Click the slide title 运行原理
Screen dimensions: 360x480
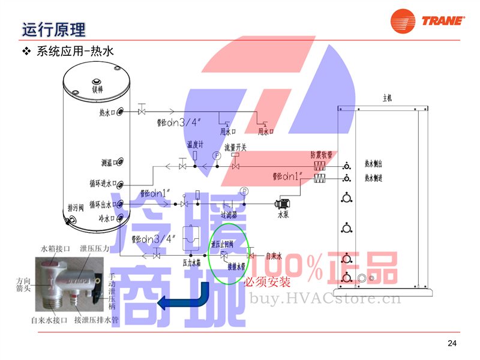pyautogui.click(x=53, y=29)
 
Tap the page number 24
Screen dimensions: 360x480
pyautogui.click(x=452, y=343)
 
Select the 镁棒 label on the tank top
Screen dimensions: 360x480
pyautogui.click(x=97, y=89)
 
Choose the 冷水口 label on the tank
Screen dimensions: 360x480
pyautogui.click(x=108, y=218)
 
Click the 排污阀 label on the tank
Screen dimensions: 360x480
pyautogui.click(x=76, y=208)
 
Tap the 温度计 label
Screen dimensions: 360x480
pyautogui.click(x=196, y=145)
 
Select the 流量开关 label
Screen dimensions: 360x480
pyautogui.click(x=236, y=146)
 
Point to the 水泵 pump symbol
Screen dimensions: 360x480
pyautogui.click(x=283, y=203)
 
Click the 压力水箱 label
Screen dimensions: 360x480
pyautogui.click(x=191, y=262)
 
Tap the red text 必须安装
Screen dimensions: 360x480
pyautogui.click(x=267, y=281)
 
